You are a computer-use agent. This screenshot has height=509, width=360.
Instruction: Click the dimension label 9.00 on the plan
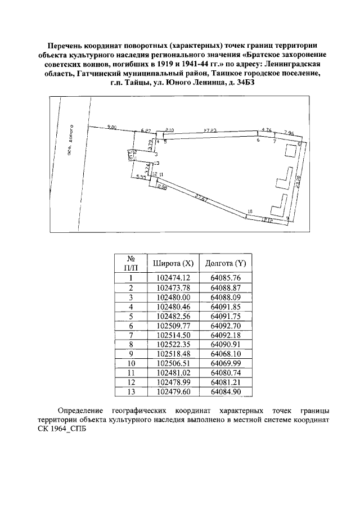coord(111,128)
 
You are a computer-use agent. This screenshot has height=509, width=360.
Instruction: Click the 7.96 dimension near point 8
coord(289,132)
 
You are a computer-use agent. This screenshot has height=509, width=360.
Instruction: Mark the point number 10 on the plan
coord(249,211)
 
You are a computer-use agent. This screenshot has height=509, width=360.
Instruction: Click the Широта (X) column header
coord(173,263)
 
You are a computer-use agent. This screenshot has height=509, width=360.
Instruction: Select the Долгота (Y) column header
coord(226,263)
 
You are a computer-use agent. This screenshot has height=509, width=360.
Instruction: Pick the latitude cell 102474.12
coord(173,277)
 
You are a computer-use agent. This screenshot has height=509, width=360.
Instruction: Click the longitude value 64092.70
coord(226,325)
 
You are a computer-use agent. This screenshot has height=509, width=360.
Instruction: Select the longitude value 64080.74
coord(226,373)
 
